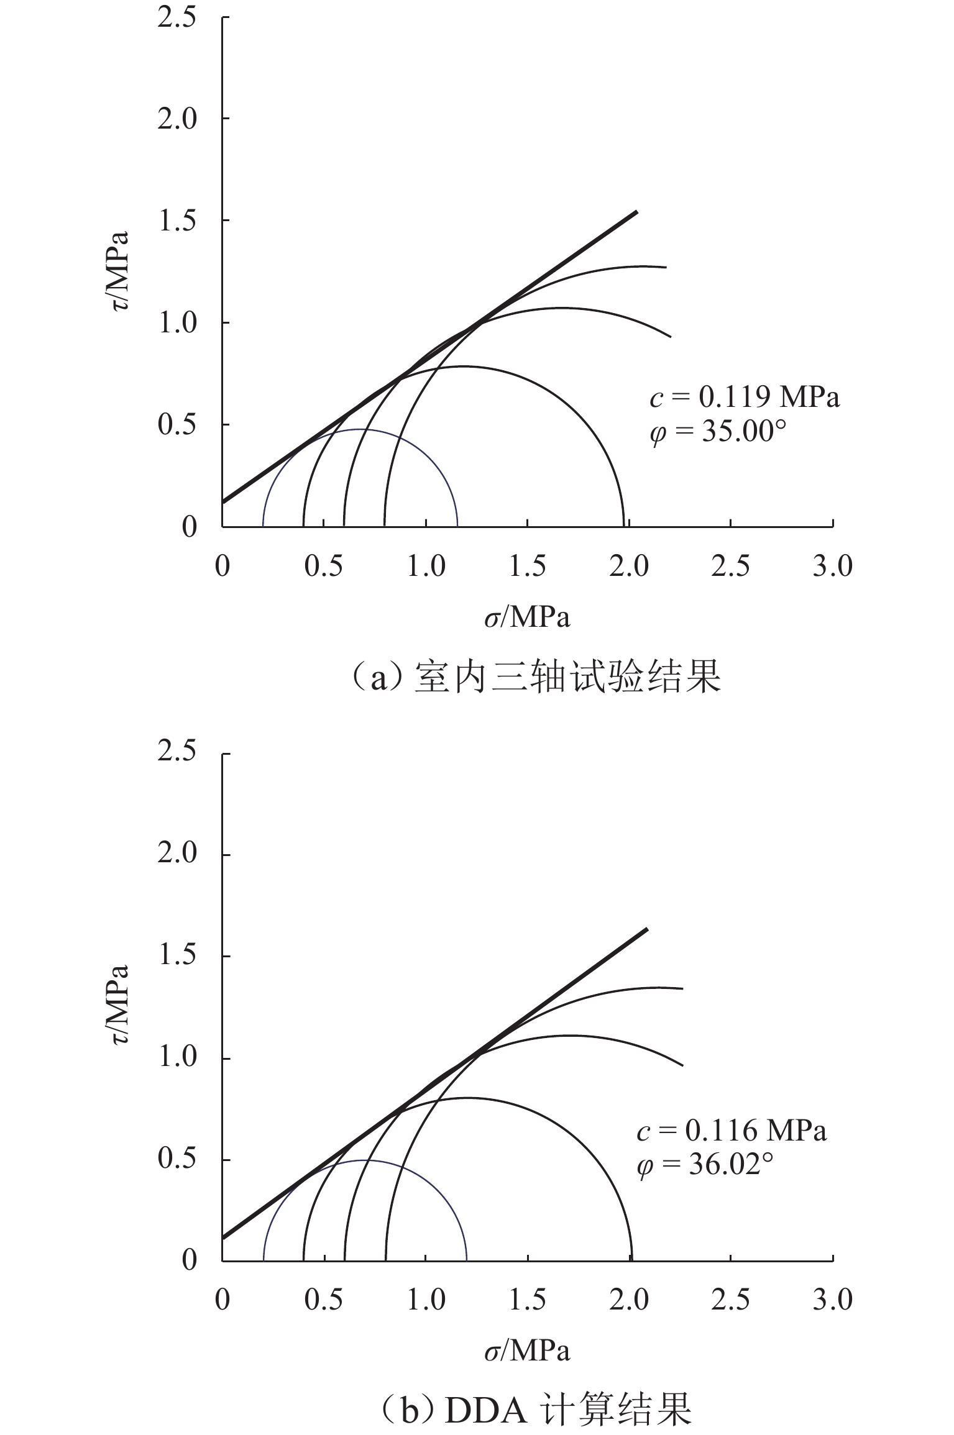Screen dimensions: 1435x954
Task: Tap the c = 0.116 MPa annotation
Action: click(731, 1131)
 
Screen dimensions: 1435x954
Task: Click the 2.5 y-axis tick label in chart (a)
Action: click(177, 17)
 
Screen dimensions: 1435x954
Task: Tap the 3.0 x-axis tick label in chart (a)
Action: click(832, 567)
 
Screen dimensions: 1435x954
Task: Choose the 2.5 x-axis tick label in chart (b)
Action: click(730, 1300)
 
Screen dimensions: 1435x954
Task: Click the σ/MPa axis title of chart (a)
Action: click(527, 617)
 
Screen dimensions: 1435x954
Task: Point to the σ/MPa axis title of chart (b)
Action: click(527, 1352)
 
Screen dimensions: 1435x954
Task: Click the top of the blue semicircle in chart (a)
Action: click(360, 429)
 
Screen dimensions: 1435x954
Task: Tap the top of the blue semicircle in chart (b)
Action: click(365, 1160)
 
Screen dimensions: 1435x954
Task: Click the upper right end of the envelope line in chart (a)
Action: click(636, 212)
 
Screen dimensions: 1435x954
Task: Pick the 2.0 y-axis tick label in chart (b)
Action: click(177, 855)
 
